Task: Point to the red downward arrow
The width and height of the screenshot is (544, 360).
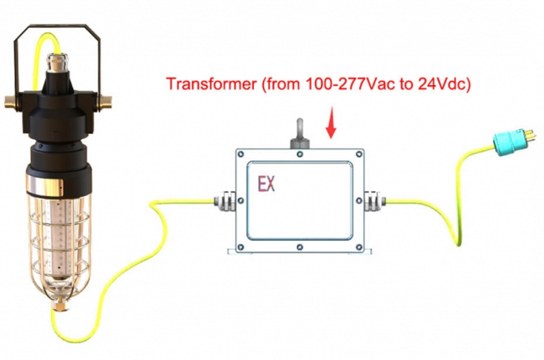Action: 331,123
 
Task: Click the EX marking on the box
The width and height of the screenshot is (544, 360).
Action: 267,184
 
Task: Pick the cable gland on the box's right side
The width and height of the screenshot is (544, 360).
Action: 375,201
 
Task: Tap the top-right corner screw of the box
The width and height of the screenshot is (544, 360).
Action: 359,153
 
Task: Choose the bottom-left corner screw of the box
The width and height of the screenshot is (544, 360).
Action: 241,247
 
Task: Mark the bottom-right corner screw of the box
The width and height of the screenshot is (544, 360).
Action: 359,247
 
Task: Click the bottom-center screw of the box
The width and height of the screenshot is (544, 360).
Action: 300,247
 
